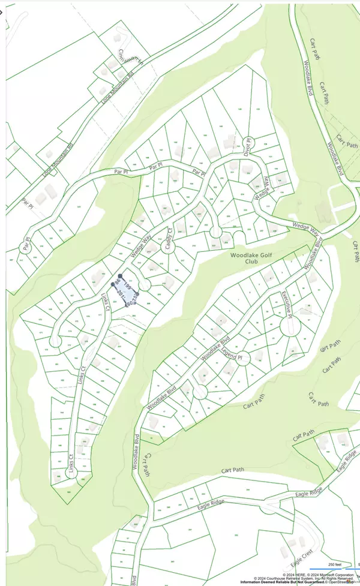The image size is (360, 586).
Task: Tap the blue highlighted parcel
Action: [128, 290]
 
